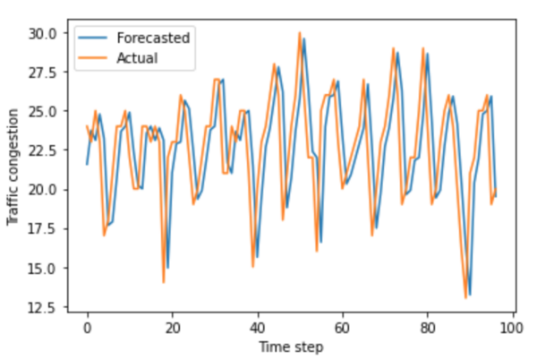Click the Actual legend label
coord(138,58)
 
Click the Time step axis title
coord(291,347)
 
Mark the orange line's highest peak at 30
coord(300,33)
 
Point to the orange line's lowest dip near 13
coord(465,297)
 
